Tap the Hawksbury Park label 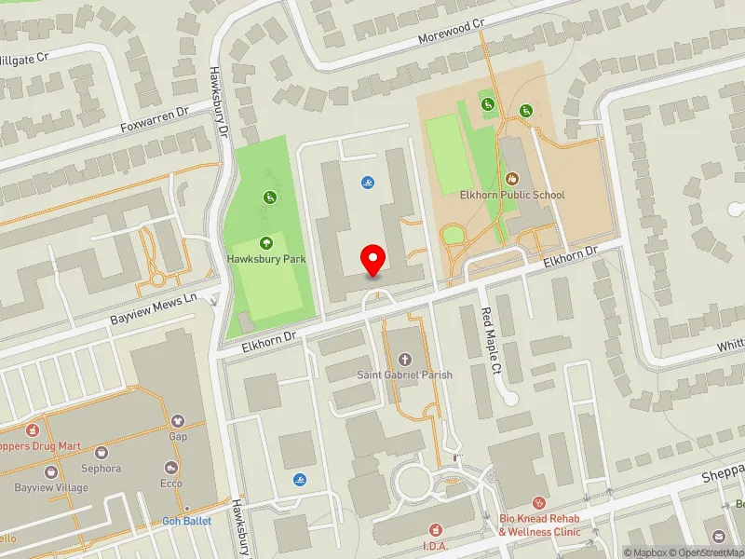tap(267, 259)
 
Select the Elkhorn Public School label tap(511, 196)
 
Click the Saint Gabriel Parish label tap(405, 375)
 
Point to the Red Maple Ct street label tap(491, 342)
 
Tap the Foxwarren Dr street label tap(155, 121)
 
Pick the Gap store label tap(178, 436)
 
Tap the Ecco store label tap(170, 484)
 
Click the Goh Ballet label tap(186, 521)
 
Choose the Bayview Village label tap(51, 487)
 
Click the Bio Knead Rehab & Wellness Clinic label tap(539, 526)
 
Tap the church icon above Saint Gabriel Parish tap(404, 359)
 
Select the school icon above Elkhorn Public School tap(511, 179)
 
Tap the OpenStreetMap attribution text tap(708, 552)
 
